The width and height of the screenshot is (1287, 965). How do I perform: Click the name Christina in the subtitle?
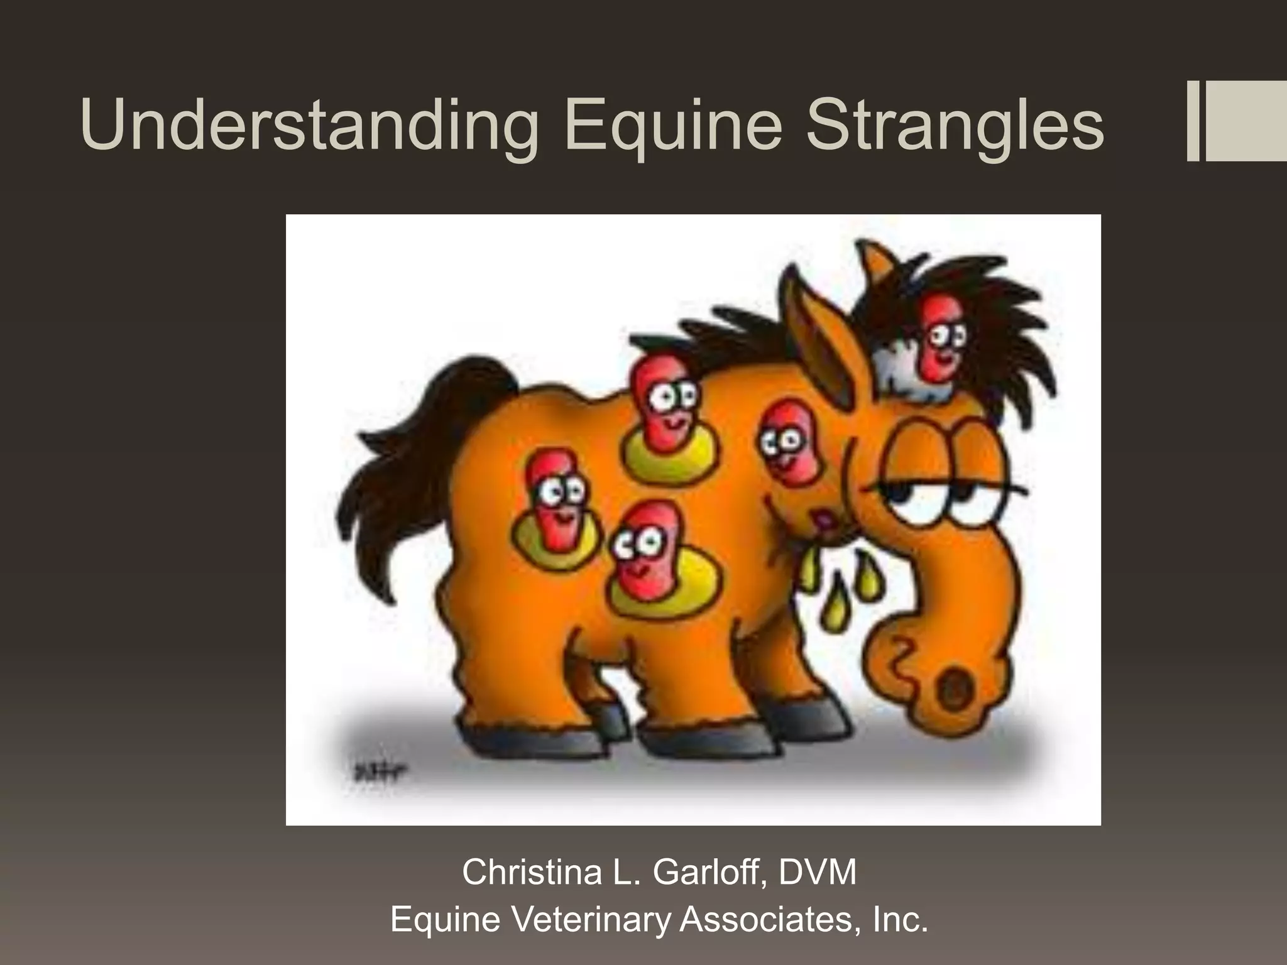pyautogui.click(x=532, y=872)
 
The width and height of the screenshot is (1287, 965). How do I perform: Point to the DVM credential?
pyautogui.click(x=818, y=872)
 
